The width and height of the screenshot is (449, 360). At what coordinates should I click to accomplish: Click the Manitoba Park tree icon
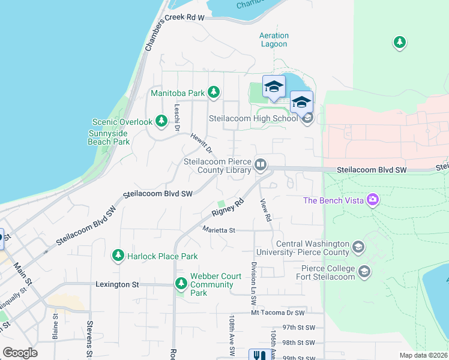point(212,92)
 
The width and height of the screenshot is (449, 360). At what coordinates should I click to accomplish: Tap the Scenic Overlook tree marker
point(161,121)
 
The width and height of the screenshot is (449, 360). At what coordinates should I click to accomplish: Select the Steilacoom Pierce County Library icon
point(261,164)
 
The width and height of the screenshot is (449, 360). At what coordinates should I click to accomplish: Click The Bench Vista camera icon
point(373,199)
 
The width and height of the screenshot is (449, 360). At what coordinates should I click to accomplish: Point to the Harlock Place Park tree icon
point(118,256)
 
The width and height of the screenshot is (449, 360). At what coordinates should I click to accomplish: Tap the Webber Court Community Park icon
point(181,283)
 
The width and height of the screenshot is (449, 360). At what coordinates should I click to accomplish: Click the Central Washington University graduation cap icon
point(358,247)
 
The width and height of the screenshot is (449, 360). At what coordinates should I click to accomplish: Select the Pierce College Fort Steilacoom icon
point(364,272)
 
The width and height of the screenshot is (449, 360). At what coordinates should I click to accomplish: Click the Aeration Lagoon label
point(274,40)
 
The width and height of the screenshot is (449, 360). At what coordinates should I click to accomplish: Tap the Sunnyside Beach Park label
point(109,137)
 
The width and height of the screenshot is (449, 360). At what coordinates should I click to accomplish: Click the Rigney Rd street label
point(229,208)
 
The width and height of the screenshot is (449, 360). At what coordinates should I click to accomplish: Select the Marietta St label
point(218,230)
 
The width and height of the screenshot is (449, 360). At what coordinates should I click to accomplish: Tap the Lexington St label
point(118,284)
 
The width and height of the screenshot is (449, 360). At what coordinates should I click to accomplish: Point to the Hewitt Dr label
point(200,142)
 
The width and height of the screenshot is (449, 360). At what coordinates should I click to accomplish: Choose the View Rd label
point(266,209)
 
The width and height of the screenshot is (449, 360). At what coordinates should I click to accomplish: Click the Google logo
point(20,353)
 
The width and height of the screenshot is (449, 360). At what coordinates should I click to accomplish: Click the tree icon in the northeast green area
point(399,42)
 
